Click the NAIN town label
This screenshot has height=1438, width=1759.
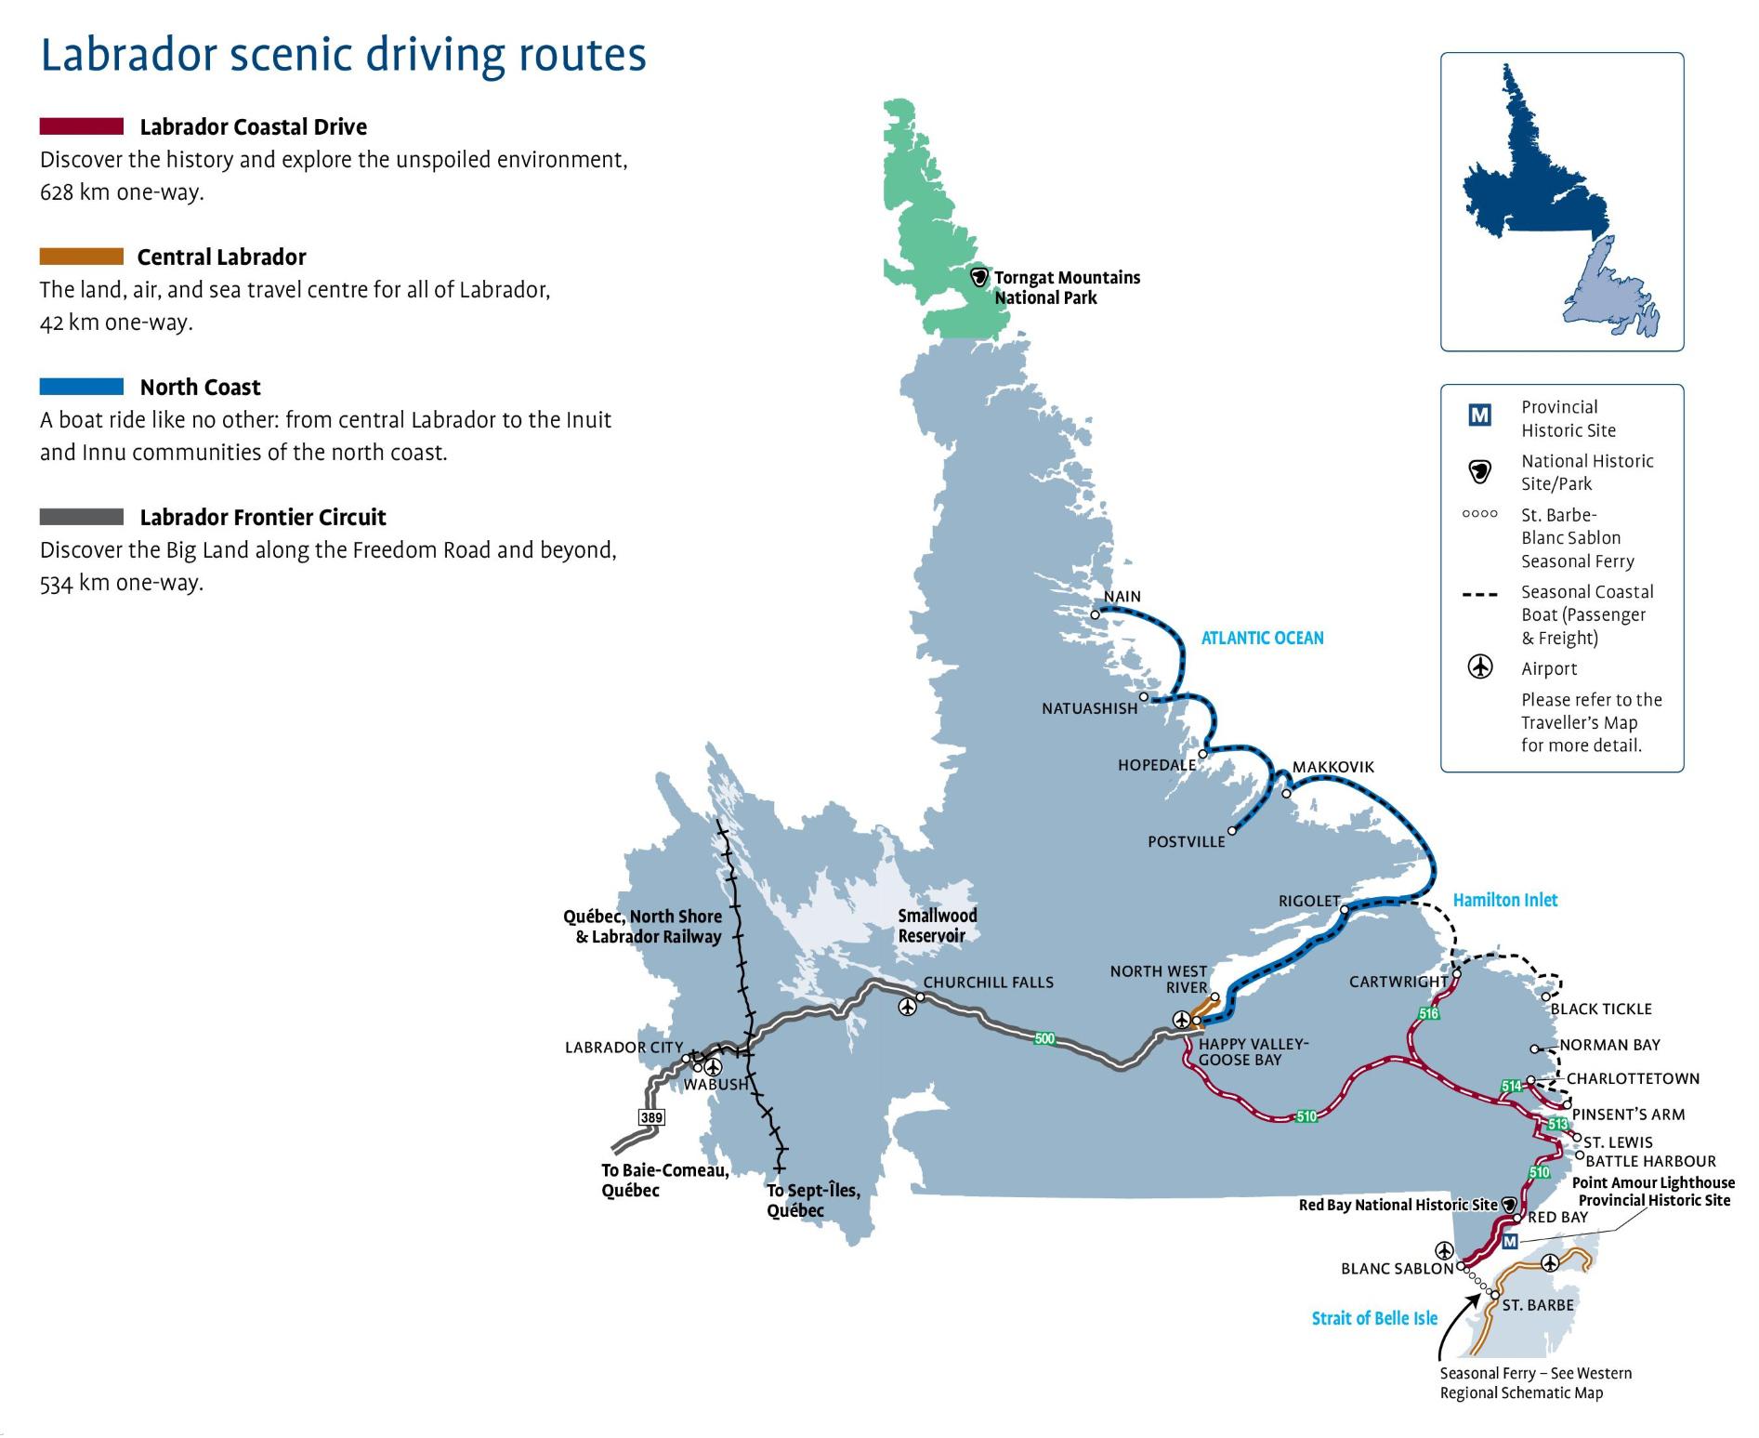(x=1122, y=597)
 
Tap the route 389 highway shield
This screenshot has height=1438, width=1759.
(x=651, y=1116)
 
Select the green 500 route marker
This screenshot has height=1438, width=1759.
(x=1044, y=1038)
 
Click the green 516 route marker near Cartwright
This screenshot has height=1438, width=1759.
(x=1428, y=1013)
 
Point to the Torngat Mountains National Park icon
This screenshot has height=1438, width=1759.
(x=978, y=277)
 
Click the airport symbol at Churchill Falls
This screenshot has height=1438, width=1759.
(x=907, y=1007)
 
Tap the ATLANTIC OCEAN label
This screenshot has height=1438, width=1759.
(x=1262, y=638)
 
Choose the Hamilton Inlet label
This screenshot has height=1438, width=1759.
(x=1504, y=900)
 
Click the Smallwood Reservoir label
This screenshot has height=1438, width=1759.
(x=937, y=926)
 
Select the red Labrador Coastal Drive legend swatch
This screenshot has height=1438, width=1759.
(x=82, y=126)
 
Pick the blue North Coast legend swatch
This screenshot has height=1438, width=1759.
(x=82, y=387)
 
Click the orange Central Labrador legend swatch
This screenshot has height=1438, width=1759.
(x=82, y=257)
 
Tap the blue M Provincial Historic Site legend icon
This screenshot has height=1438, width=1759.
(x=1479, y=415)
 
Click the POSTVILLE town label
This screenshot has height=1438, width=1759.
(x=1186, y=842)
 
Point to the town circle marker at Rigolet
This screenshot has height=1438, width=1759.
(x=1345, y=909)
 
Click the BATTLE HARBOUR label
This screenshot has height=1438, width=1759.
(x=1650, y=1161)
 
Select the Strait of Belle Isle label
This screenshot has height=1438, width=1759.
(x=1374, y=1318)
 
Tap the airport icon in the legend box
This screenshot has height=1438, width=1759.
(x=1479, y=667)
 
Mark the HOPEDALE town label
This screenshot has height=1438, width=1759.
(x=1156, y=765)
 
